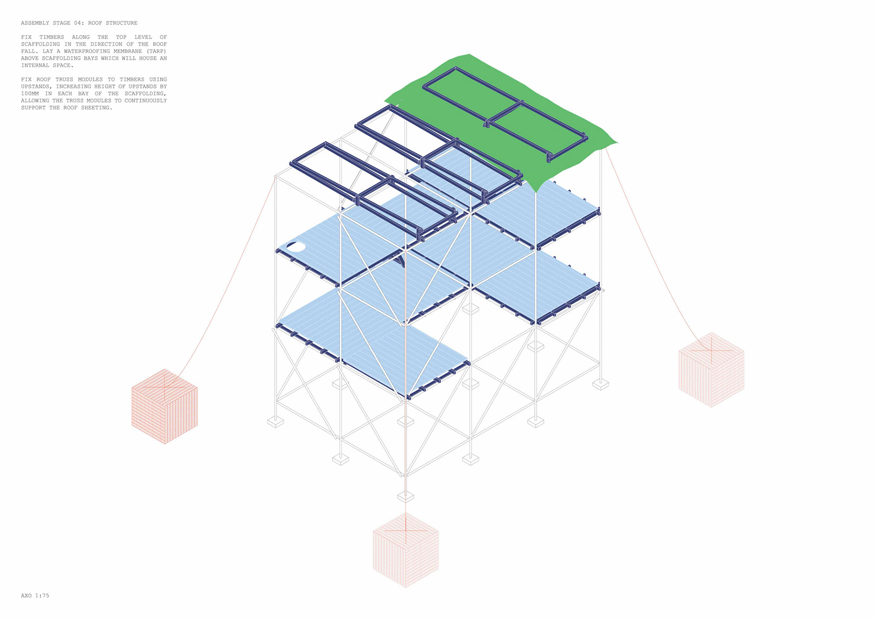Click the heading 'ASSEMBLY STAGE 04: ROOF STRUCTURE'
coord(79,23)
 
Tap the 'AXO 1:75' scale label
coord(35,595)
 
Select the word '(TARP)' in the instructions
coord(156,51)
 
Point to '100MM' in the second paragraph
coord(30,94)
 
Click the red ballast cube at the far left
coord(165,406)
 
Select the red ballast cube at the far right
coord(711,369)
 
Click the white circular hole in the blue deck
coord(296,247)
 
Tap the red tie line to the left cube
coord(228,283)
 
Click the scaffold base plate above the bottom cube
coord(405,496)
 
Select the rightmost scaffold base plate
coord(600,385)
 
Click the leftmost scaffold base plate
coord(275,422)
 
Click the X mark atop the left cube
coord(165,386)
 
